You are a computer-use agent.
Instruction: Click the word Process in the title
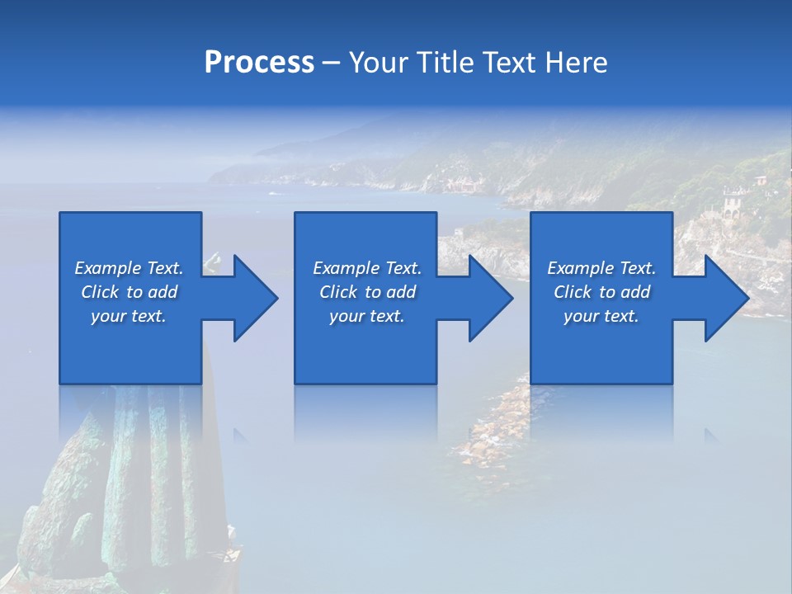tap(259, 63)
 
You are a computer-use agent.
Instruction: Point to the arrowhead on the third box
tap(725, 298)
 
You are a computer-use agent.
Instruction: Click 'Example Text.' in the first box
tap(129, 268)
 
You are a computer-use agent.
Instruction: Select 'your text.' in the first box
tap(129, 316)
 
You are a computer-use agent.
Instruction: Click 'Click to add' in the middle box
tap(367, 292)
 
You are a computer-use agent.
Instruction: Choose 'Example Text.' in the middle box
tap(367, 268)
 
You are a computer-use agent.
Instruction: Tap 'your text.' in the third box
tap(601, 316)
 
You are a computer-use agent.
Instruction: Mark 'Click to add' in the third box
tap(601, 292)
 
